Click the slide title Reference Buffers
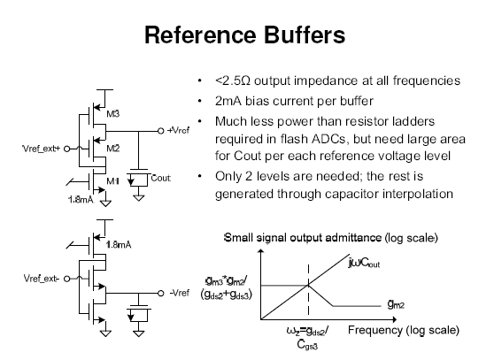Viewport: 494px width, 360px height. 247,35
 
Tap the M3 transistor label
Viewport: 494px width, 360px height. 114,114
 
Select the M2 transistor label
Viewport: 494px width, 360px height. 113,148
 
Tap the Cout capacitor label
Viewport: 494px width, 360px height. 160,178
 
